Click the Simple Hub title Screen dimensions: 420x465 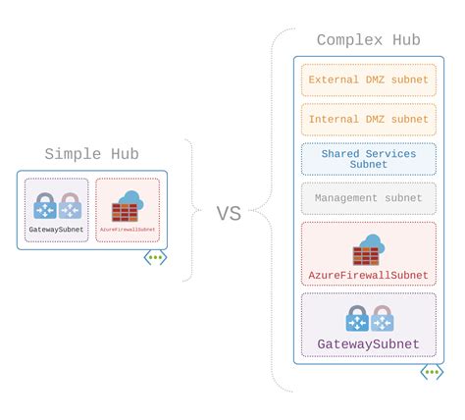tap(92, 155)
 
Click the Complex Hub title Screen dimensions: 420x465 tap(368, 40)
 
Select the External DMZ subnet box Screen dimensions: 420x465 tap(368, 80)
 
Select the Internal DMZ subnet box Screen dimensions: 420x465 tap(368, 120)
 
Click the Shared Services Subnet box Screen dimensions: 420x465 tap(368, 159)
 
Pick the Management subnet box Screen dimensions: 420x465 tap(368, 198)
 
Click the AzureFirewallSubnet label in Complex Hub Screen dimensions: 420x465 tap(368, 276)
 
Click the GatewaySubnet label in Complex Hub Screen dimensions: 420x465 tap(368, 344)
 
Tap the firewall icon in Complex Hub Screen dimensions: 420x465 tap(369, 249)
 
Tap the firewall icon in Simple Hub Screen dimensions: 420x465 tap(128, 206)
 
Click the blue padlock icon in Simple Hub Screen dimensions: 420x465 tap(45, 206)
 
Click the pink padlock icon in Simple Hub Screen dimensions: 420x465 tap(69, 206)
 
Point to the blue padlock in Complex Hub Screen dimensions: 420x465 tap(357, 318)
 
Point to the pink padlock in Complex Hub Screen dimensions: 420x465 tap(382, 318)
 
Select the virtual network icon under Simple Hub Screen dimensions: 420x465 tap(155, 257)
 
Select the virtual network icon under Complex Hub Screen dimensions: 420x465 tap(432, 372)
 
